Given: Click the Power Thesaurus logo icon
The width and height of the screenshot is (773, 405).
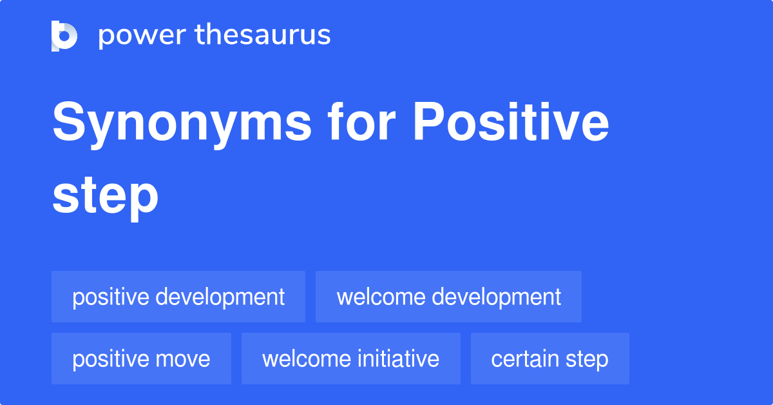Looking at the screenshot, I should point(64,35).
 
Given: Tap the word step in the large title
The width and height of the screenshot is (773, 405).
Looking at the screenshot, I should point(105,196).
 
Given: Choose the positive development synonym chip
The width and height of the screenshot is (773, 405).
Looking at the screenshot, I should point(178,297).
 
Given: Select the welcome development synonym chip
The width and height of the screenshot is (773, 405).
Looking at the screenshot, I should point(448,297).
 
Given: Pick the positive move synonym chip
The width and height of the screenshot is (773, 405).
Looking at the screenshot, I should point(141,359).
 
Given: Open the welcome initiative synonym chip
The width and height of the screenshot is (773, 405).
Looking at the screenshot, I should point(350,359).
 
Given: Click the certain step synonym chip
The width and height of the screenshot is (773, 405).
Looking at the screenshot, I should point(549,359).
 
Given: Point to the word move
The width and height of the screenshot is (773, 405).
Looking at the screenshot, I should point(186,359).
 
